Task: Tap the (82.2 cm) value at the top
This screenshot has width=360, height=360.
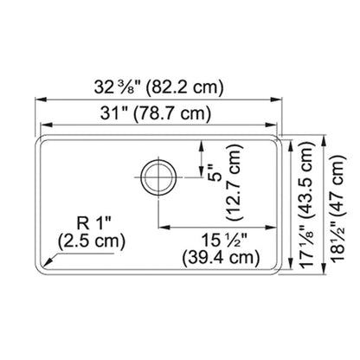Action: (x=185, y=87)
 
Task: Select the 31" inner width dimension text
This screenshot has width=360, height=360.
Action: (x=114, y=113)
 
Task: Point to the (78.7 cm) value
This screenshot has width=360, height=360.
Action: (x=172, y=114)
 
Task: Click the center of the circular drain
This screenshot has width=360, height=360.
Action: (x=158, y=177)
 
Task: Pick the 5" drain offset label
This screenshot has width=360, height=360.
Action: (x=216, y=173)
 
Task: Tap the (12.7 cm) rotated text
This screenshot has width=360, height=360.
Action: (x=235, y=183)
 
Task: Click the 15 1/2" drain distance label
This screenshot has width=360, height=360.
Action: (x=224, y=240)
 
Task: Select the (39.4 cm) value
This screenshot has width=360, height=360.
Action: (x=221, y=258)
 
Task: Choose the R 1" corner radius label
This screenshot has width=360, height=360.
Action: (x=94, y=223)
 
